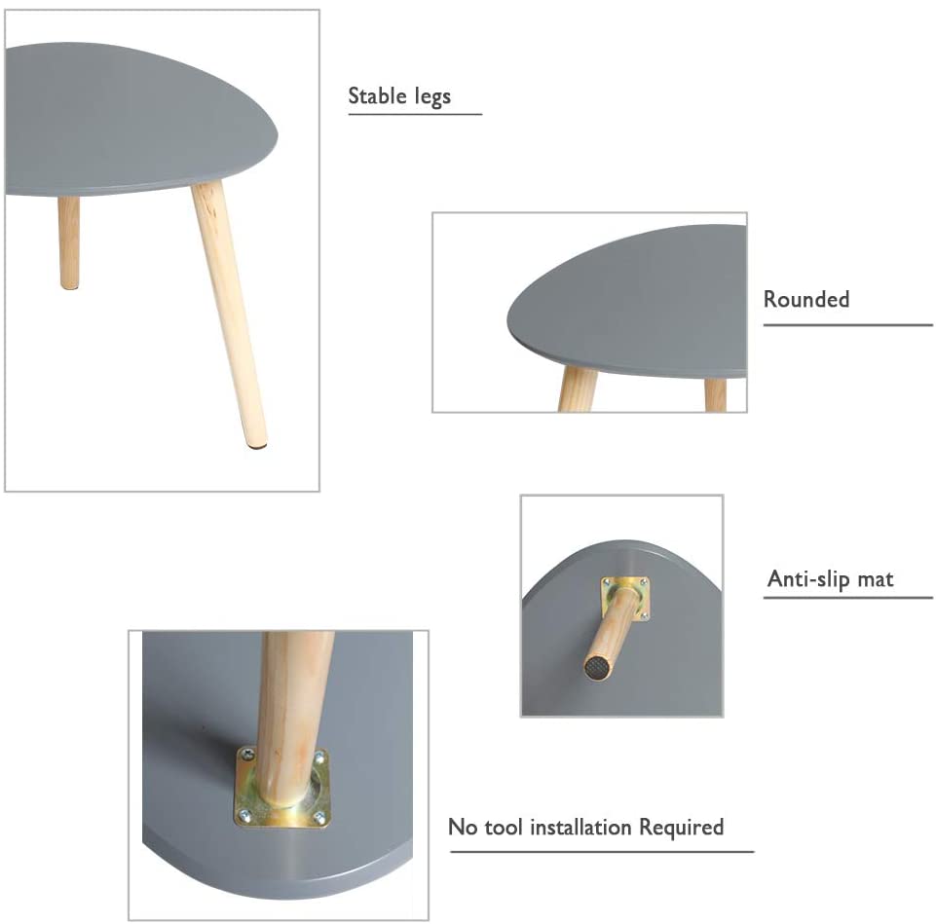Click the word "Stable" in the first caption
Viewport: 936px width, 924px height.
[x=378, y=96]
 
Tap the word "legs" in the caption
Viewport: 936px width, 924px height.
[x=431, y=97]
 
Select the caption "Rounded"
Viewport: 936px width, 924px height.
[x=805, y=299]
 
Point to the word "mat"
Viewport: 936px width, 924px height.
[x=876, y=579]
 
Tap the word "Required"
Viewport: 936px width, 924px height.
[x=681, y=828]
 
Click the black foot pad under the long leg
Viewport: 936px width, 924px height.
[x=258, y=446]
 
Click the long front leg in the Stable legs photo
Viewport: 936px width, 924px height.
[x=230, y=312]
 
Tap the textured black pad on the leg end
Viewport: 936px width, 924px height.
[x=596, y=667]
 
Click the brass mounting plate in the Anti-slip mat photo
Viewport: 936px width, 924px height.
[x=625, y=598]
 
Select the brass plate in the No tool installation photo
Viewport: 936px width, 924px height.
[x=281, y=788]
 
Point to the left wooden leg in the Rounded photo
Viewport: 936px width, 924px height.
[x=577, y=388]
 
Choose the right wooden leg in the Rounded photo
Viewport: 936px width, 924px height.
[x=716, y=393]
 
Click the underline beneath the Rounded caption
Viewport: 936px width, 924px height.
[x=847, y=324]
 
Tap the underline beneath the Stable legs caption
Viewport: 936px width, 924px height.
[x=415, y=115]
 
